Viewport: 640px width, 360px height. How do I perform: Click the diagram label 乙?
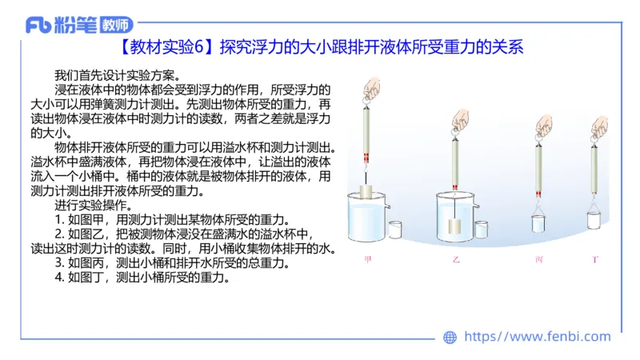(x=456, y=260)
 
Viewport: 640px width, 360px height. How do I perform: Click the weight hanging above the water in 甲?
(x=369, y=192)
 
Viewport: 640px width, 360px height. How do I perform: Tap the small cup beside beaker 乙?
(x=481, y=230)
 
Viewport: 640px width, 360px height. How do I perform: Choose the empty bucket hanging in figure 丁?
(x=594, y=221)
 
